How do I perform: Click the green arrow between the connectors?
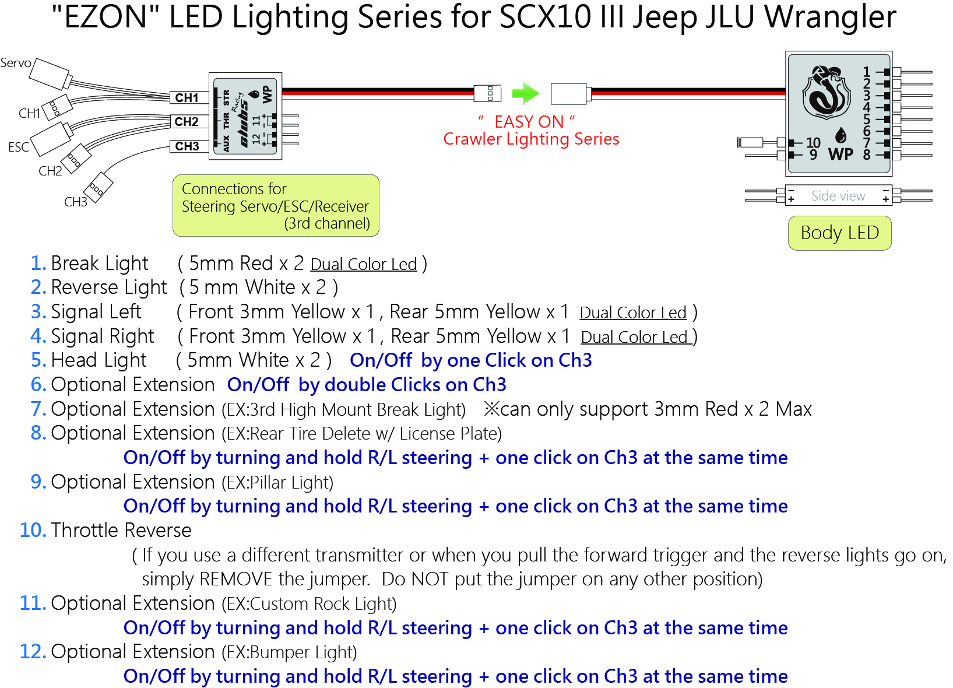pyautogui.click(x=525, y=93)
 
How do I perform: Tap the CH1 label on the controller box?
pyautogui.click(x=187, y=98)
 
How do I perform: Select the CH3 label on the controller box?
pyautogui.click(x=187, y=146)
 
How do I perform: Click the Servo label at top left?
pyautogui.click(x=16, y=63)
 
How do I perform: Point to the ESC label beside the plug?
pyautogui.click(x=19, y=147)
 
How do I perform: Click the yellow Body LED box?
pyautogui.click(x=839, y=233)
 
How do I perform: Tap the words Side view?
pyautogui.click(x=838, y=196)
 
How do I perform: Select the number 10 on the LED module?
pyautogui.click(x=813, y=143)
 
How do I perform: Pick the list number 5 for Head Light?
pyautogui.click(x=37, y=360)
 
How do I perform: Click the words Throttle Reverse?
pyautogui.click(x=121, y=531)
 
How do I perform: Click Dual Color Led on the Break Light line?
pyautogui.click(x=364, y=265)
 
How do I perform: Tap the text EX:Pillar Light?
pyautogui.click(x=277, y=483)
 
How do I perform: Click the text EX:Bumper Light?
pyautogui.click(x=289, y=652)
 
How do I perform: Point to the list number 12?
pyautogui.click(x=32, y=652)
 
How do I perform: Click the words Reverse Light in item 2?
pyautogui.click(x=109, y=287)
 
